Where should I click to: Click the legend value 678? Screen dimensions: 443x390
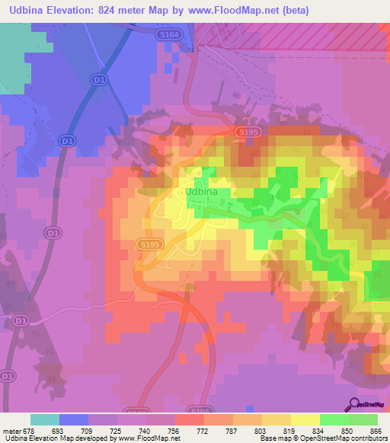pyautogui.click(x=29, y=430)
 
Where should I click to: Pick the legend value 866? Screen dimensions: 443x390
pyautogui.click(x=376, y=430)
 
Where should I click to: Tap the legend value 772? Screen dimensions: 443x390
pyautogui.click(x=203, y=430)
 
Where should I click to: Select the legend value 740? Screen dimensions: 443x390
pyautogui.click(x=145, y=430)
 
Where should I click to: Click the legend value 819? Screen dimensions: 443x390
pyautogui.click(x=289, y=430)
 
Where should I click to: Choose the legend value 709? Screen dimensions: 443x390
pyautogui.click(x=87, y=430)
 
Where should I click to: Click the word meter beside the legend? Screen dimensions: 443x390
pyautogui.click(x=11, y=430)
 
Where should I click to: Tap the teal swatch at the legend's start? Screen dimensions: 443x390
pyautogui.click(x=44, y=419)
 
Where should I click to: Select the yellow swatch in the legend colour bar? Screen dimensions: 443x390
pyautogui.click(x=305, y=419)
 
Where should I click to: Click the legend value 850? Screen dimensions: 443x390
pyautogui.click(x=347, y=430)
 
